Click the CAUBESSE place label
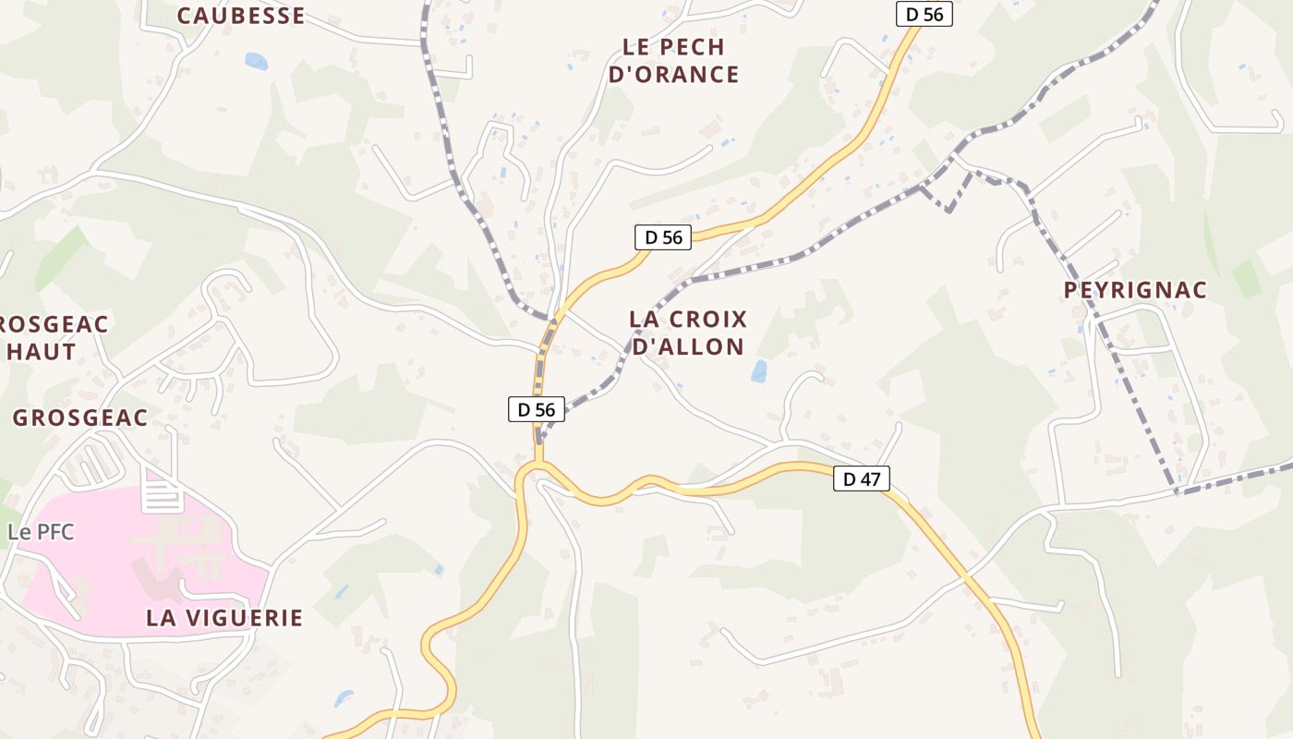tap(240, 15)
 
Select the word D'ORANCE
tap(674, 74)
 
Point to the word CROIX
tap(709, 320)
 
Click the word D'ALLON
tap(688, 346)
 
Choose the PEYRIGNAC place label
tap(1135, 290)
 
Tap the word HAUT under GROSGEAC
tap(42, 351)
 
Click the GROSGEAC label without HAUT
tap(80, 418)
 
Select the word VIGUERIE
tap(245, 618)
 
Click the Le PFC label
tap(40, 532)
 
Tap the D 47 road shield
tap(861, 479)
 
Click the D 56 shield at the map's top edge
tap(924, 14)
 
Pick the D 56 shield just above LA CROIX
tap(663, 237)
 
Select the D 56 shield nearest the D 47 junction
tap(537, 409)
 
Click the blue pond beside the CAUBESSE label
tap(256, 62)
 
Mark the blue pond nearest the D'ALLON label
tap(759, 371)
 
